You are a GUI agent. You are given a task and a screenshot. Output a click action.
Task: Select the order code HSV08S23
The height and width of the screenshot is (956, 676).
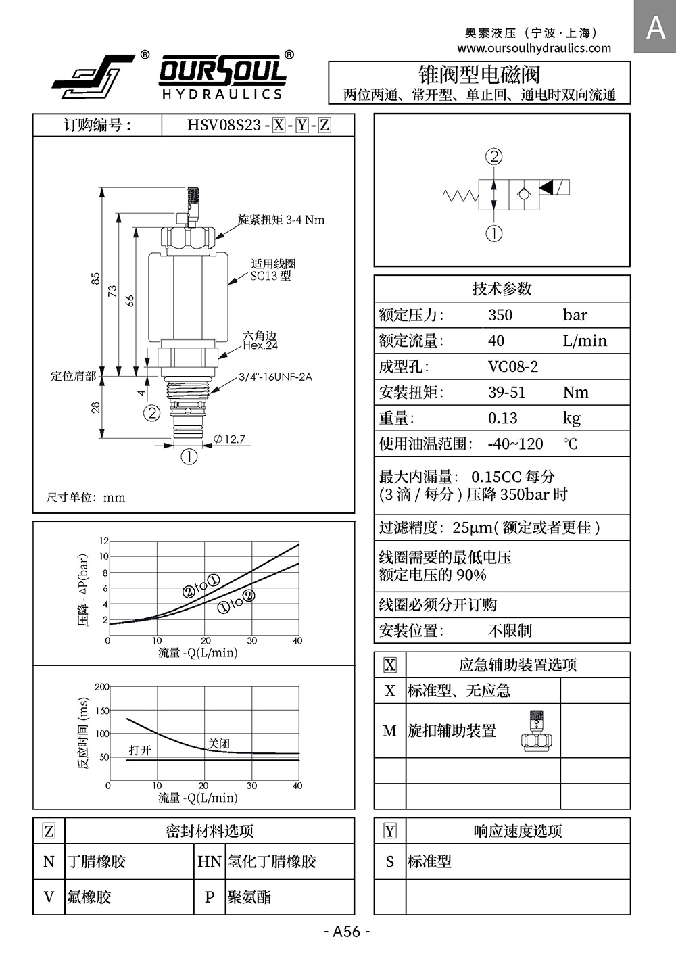coord(224,125)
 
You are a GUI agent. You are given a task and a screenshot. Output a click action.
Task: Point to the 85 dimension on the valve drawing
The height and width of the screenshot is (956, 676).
coord(96,279)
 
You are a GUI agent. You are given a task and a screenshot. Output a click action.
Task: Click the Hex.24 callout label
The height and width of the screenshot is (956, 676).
coord(260,345)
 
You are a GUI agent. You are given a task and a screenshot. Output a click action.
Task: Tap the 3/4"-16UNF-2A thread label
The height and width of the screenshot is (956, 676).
coord(275,377)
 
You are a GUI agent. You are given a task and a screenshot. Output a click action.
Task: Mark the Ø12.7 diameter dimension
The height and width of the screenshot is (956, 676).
coord(229,439)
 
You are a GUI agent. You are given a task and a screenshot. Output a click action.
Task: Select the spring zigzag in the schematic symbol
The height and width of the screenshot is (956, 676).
coord(460,196)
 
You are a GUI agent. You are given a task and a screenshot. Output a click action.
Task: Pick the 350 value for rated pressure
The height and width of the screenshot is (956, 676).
coord(500,315)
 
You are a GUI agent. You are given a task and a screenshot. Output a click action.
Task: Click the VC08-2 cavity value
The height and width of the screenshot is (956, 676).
coord(513,366)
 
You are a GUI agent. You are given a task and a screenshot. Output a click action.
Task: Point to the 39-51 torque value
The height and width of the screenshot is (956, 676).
coord(506,392)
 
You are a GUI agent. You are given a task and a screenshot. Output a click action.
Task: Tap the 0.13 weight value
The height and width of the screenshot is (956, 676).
coord(502,418)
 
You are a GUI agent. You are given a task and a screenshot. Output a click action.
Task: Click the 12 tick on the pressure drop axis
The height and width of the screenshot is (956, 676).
coord(104,541)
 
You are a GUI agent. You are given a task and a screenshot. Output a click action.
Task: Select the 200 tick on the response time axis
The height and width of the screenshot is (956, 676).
coord(101,687)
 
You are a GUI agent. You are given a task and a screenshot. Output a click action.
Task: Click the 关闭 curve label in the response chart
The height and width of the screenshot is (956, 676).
coord(219,744)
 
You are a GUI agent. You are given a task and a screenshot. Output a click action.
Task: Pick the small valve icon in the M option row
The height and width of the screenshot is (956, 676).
coord(537,731)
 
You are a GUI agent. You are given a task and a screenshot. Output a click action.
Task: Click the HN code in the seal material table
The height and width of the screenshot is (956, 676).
coord(209,861)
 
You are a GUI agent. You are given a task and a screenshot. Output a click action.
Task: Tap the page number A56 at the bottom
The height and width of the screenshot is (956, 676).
coord(347,932)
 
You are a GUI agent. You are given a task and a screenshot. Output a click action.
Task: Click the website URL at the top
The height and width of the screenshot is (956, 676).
coord(534,48)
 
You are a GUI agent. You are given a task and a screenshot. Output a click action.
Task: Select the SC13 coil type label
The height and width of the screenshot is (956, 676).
coord(270,276)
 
